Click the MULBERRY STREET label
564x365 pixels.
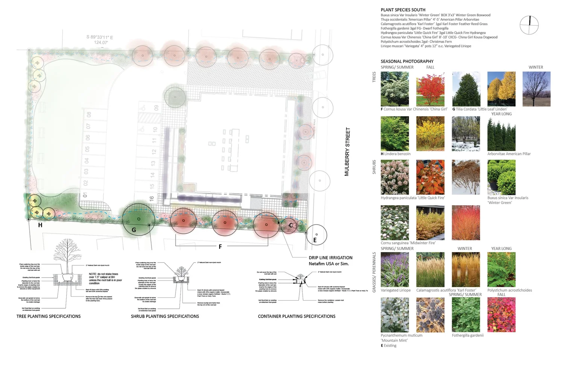tap(347, 151)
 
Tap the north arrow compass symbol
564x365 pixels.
tap(529, 25)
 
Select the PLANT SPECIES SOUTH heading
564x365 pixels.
tap(403, 10)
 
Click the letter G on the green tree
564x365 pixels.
tap(133, 230)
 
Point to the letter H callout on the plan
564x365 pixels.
tap(40, 225)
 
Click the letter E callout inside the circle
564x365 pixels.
tap(315, 240)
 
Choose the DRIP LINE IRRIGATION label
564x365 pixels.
tap(331, 258)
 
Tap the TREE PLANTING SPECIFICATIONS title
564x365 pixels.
tap(49, 317)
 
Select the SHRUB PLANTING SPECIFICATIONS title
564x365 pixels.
tap(165, 317)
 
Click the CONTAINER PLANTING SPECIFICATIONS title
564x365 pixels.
tap(296, 317)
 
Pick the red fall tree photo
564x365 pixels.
tap(430, 89)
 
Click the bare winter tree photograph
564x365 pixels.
tap(536, 89)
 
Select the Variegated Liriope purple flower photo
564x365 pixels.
tap(395, 270)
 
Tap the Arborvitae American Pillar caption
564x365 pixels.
tap(509, 154)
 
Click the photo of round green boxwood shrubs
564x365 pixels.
tap(501, 177)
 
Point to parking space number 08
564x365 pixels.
tap(89, 114)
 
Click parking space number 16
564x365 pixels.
tap(152, 198)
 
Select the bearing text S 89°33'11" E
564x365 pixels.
tap(100, 37)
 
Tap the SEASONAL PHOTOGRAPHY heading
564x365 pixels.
tap(407, 61)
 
